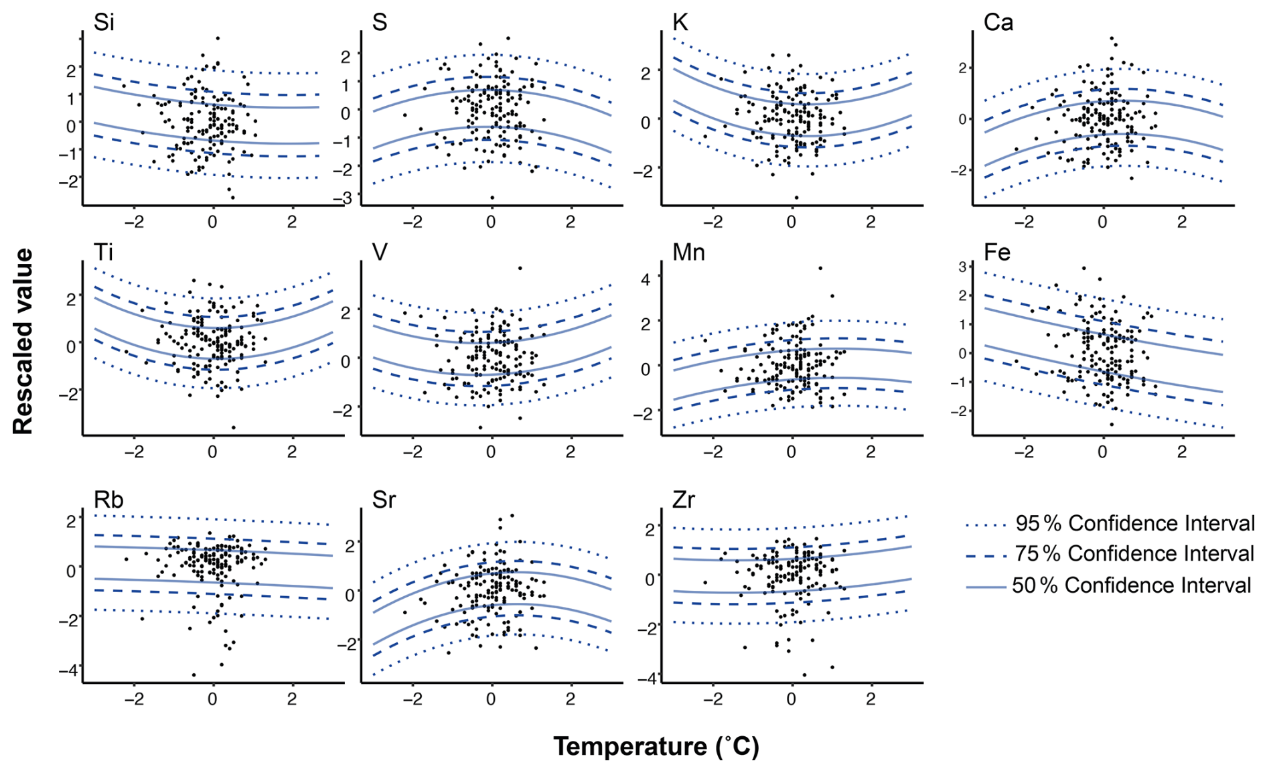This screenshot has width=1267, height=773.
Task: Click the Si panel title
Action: click(x=104, y=22)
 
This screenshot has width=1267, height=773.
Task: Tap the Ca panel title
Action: click(x=998, y=22)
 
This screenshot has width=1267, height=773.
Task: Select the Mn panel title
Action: click(x=688, y=253)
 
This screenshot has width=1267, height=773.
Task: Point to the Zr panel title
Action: click(x=683, y=500)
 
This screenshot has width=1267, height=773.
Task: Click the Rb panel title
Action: click(x=108, y=500)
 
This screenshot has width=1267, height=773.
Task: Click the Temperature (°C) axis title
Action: click(x=656, y=746)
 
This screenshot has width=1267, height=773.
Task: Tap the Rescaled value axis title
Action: click(x=23, y=342)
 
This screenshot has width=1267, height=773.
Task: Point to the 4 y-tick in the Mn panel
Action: click(x=646, y=279)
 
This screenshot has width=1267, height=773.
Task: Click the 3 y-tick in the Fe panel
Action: click(x=963, y=267)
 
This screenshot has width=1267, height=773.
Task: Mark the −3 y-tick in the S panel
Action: click(x=345, y=198)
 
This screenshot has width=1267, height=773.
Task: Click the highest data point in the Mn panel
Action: click(x=820, y=269)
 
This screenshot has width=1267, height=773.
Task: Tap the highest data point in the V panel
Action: click(x=520, y=269)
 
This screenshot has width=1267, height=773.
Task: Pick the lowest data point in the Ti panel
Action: click(x=234, y=427)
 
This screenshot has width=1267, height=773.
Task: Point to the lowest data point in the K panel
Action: click(x=796, y=198)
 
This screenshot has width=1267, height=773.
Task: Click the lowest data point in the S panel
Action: click(x=492, y=198)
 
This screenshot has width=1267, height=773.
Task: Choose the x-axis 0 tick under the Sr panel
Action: click(x=491, y=699)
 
